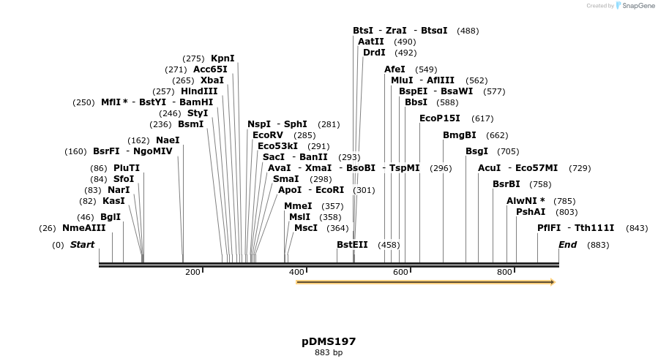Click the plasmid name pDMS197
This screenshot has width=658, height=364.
click(x=329, y=341)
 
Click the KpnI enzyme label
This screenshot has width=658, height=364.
click(x=223, y=58)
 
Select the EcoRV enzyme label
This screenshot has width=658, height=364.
click(x=267, y=135)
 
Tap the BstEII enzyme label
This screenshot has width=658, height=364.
click(x=352, y=245)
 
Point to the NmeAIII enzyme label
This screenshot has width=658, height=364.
click(x=83, y=228)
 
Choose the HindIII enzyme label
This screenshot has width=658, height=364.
click(x=199, y=91)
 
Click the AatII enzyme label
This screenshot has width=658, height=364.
click(x=370, y=42)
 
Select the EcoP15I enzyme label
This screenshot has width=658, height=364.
click(x=440, y=118)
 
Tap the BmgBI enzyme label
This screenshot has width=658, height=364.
click(x=460, y=135)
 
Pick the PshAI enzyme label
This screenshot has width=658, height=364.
click(x=531, y=212)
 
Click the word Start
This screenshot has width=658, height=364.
click(x=82, y=245)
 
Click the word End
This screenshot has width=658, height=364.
click(x=567, y=245)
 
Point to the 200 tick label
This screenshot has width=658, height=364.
click(x=192, y=273)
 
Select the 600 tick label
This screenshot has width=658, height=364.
click(x=400, y=273)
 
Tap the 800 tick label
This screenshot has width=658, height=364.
click(x=504, y=273)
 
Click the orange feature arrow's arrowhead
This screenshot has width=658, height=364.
click(x=553, y=282)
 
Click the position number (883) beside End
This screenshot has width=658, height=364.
click(x=598, y=245)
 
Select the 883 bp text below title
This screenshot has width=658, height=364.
click(x=329, y=353)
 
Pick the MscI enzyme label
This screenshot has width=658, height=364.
click(x=306, y=228)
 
